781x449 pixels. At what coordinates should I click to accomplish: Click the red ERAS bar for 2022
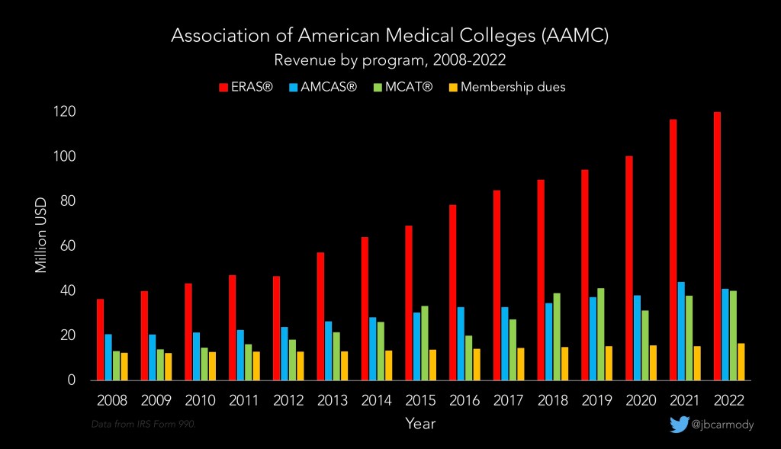pos(717,245)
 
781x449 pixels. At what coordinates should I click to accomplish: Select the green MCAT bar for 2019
pos(602,334)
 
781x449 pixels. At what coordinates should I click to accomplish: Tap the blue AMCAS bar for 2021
pos(681,331)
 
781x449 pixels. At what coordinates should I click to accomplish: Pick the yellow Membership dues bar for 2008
pos(124,366)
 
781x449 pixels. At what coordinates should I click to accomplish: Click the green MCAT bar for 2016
pos(468,358)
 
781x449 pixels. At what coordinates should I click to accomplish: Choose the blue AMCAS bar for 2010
pos(196,356)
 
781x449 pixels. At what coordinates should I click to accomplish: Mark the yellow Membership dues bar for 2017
pos(520,364)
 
